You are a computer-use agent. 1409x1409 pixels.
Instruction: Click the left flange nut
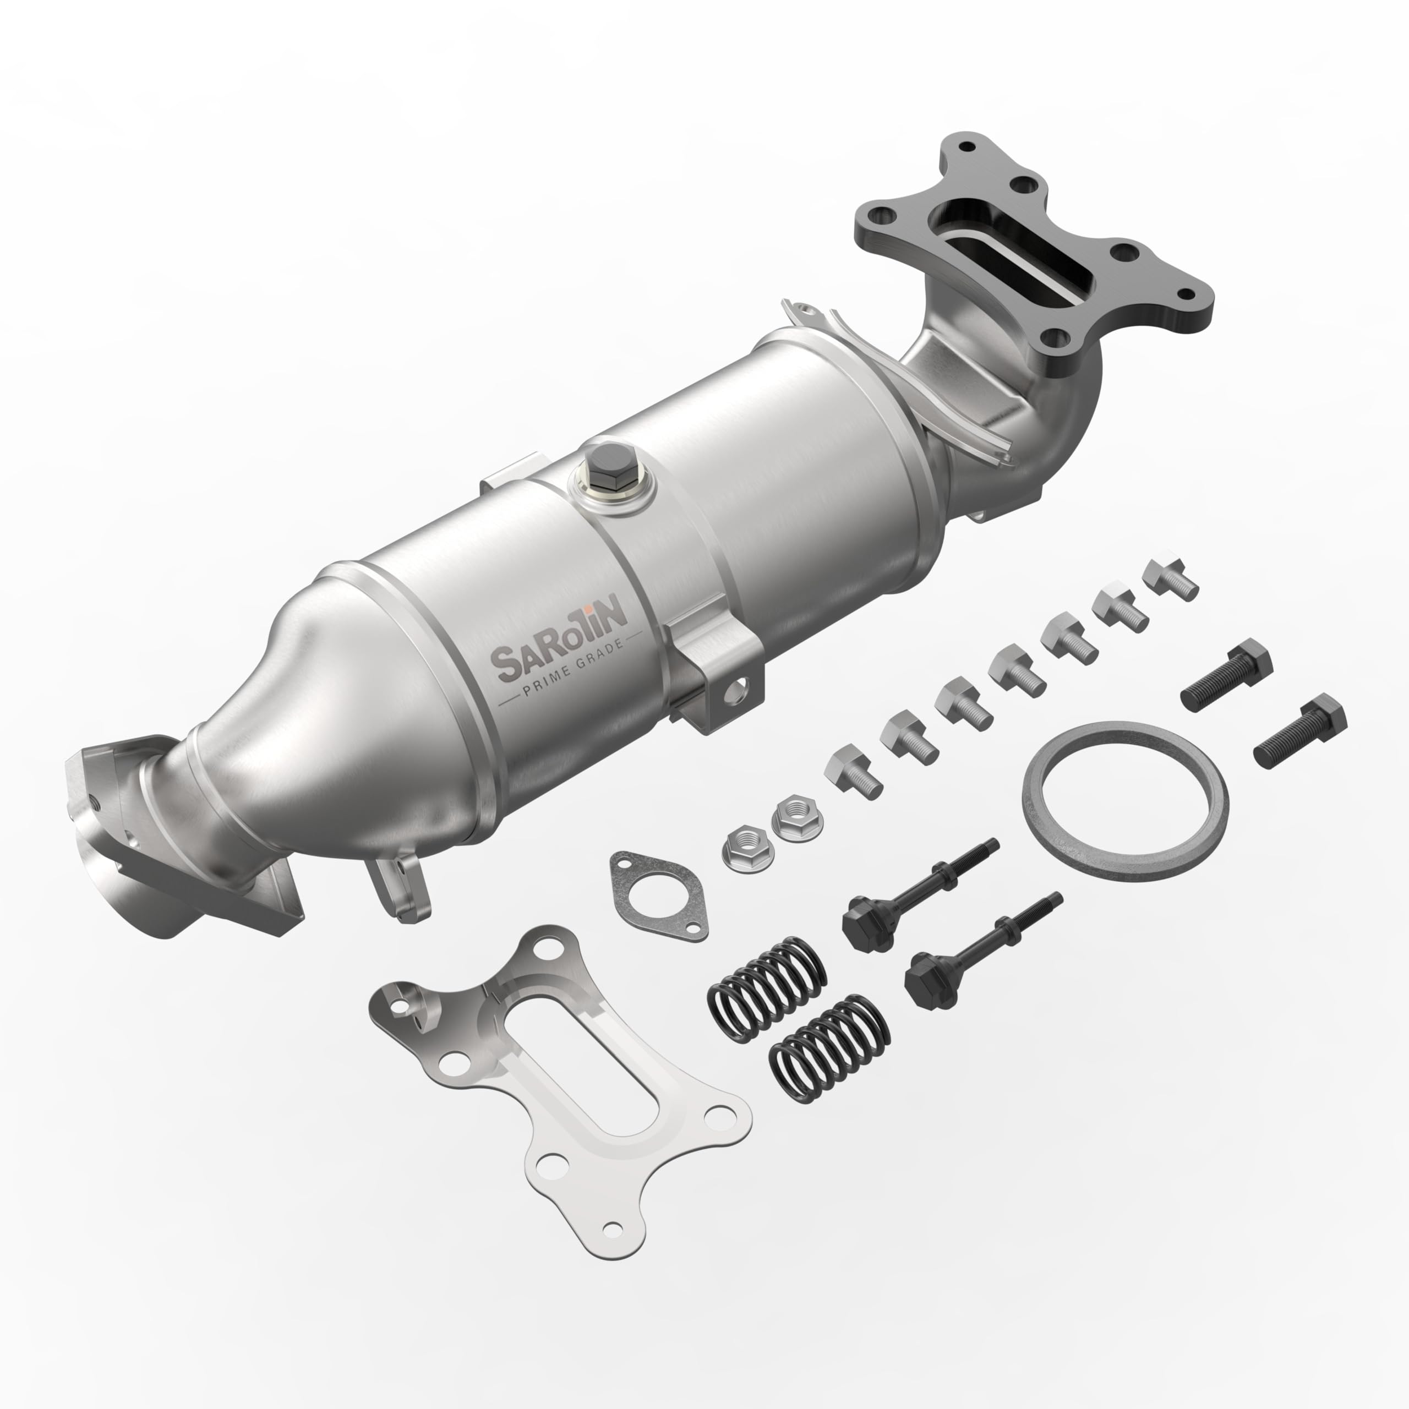coord(743,851)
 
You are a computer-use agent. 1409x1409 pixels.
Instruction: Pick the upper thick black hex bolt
coord(1226,675)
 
